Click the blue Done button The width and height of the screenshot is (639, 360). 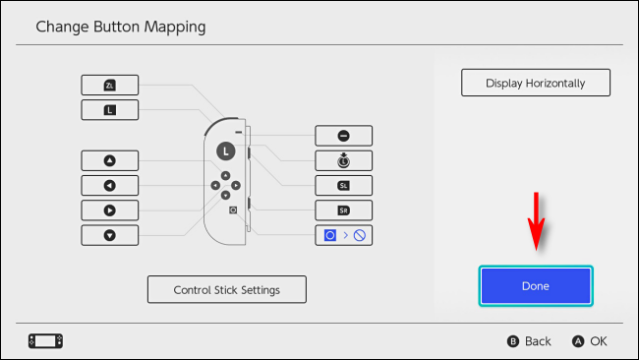click(x=536, y=285)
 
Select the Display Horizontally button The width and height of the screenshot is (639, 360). click(x=536, y=83)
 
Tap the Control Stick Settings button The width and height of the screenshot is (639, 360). click(x=226, y=289)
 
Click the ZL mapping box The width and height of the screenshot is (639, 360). click(x=109, y=86)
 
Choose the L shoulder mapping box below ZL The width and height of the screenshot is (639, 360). click(x=109, y=109)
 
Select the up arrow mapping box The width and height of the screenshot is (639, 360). click(x=109, y=160)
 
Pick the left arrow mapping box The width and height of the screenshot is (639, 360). click(x=109, y=185)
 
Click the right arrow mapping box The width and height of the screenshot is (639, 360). click(x=109, y=210)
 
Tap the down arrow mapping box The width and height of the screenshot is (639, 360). click(x=109, y=234)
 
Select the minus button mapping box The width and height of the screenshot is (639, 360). click(x=344, y=136)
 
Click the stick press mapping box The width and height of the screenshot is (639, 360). click(x=344, y=160)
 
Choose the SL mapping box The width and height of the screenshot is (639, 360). click(x=344, y=185)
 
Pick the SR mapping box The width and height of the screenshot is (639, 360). click(x=344, y=210)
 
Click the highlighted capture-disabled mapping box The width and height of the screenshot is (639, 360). click(x=344, y=235)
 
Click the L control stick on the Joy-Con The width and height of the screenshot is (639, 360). click(x=226, y=151)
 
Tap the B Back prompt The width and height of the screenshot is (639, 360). click(x=529, y=341)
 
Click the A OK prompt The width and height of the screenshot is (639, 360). click(x=591, y=341)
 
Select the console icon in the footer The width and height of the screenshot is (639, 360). click(x=45, y=341)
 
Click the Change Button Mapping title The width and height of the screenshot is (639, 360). click(x=121, y=27)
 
